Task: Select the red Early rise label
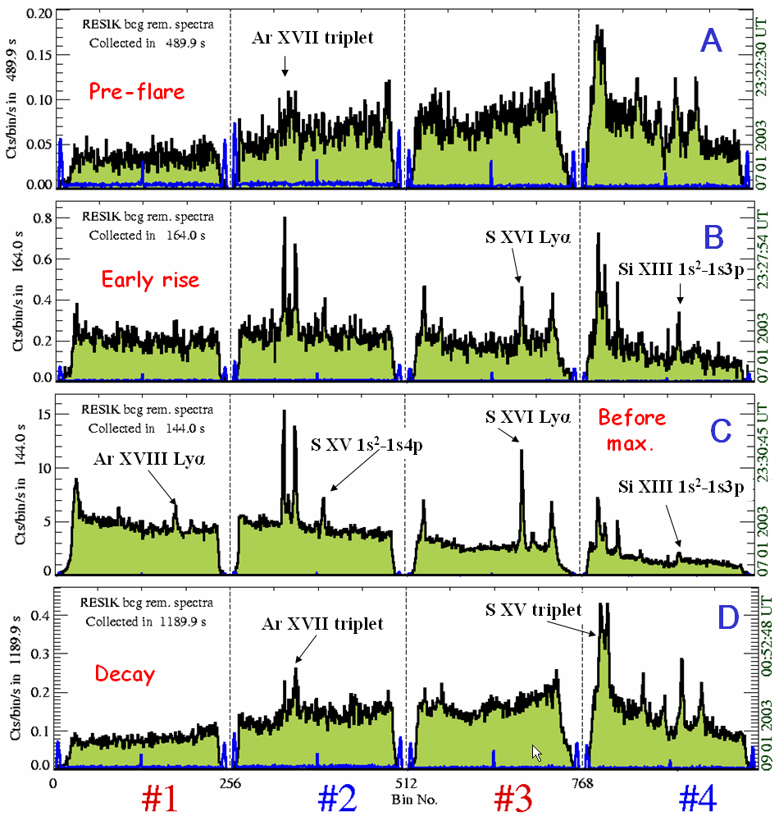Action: point(150,280)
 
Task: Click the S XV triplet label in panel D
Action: point(534,610)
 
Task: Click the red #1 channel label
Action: point(160,798)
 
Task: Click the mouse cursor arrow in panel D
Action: point(536,752)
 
